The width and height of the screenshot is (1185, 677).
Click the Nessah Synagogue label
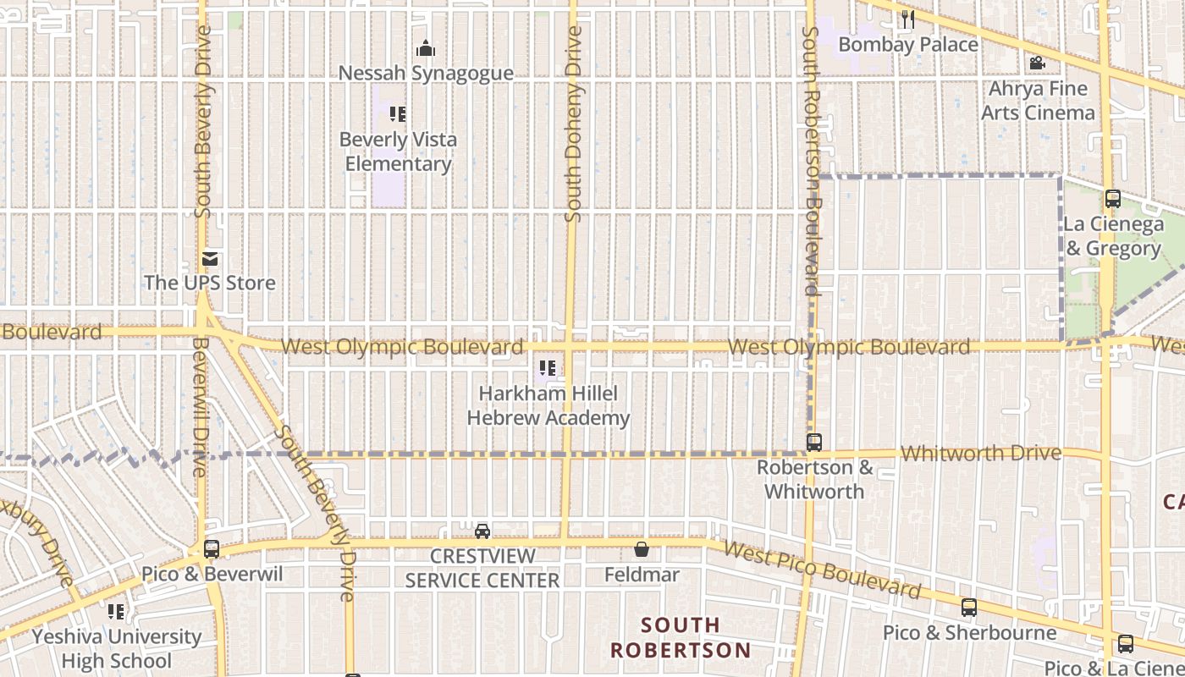point(426,74)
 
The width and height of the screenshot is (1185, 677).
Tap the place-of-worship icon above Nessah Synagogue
point(426,48)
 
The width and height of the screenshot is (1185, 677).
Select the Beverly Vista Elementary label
point(398,151)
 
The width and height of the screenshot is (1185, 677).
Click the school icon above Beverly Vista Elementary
point(398,113)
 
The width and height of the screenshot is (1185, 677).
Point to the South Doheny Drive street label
point(574,124)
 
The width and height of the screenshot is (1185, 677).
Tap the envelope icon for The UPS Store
point(210,259)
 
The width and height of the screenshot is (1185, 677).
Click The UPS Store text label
point(210,283)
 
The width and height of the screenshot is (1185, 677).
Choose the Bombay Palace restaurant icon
point(908,19)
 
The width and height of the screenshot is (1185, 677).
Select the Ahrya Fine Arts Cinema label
point(1038,101)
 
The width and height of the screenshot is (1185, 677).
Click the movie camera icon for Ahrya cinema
point(1037,63)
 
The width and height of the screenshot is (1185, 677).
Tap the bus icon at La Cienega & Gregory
point(1113,200)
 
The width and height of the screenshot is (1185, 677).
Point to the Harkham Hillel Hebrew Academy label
point(548,405)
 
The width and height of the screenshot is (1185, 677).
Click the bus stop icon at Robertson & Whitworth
point(814,443)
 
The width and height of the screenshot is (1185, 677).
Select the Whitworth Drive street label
point(980,454)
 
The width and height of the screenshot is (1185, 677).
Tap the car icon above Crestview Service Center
point(482,531)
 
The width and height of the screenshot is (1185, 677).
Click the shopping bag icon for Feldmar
point(642,550)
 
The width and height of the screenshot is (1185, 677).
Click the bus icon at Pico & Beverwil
point(212,549)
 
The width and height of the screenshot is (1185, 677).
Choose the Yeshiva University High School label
point(117,648)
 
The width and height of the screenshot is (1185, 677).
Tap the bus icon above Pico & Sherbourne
point(969,608)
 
